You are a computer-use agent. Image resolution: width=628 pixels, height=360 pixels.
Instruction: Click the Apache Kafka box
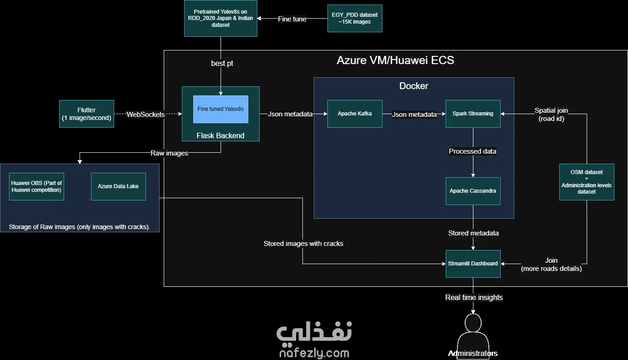pos(355,114)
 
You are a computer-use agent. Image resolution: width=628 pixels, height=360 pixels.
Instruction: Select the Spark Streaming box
pos(473,114)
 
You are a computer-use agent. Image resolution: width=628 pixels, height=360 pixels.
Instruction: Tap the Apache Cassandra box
pos(473,191)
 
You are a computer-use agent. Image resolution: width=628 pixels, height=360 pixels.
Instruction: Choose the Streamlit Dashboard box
pos(473,264)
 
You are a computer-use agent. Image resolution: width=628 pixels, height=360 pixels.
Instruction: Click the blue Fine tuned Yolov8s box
pos(221,109)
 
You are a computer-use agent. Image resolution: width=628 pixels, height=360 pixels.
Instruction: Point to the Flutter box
pos(86,114)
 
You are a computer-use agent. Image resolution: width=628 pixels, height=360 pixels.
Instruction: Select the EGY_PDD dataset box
pos(355,18)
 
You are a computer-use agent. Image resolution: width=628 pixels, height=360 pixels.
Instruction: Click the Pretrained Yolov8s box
pos(221,18)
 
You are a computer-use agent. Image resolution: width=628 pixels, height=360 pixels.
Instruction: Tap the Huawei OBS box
pos(36,186)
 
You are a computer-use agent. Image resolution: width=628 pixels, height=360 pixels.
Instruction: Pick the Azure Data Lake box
pos(118,186)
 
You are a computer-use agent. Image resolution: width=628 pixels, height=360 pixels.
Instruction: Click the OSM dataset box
pos(587,182)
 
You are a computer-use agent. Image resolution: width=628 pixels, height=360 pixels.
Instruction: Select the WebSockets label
pos(146,114)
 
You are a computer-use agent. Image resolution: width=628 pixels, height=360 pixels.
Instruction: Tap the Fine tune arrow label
pos(292,19)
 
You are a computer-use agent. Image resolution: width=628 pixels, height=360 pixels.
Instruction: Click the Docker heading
pos(413,86)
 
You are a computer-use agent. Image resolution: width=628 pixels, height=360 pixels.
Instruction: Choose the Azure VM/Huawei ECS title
pos(395,60)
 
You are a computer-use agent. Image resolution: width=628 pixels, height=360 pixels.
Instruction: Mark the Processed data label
pos(472,151)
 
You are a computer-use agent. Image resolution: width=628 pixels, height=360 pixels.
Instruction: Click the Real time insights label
pos(474,297)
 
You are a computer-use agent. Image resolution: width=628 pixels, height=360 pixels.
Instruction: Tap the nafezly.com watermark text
pos(314,353)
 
